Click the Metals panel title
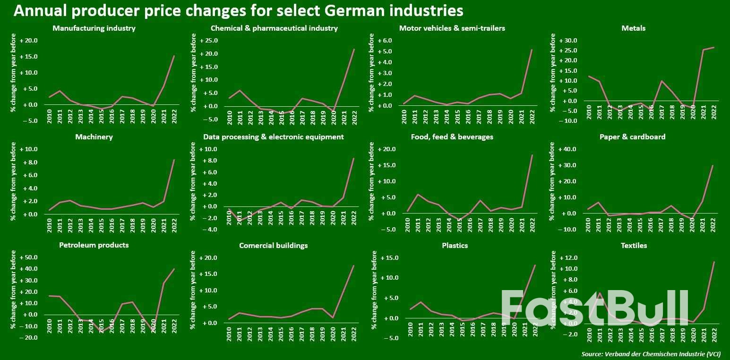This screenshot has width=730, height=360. pos(633,28)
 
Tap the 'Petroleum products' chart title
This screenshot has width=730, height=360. pos(94,246)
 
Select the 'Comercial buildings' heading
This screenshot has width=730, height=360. pos(274,246)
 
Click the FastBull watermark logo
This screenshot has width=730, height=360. pos(594,308)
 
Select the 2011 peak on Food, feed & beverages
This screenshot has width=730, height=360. pos(417,194)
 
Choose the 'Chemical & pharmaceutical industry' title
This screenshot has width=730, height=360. pos(274,28)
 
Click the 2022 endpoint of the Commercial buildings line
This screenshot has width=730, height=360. pos(353,266)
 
